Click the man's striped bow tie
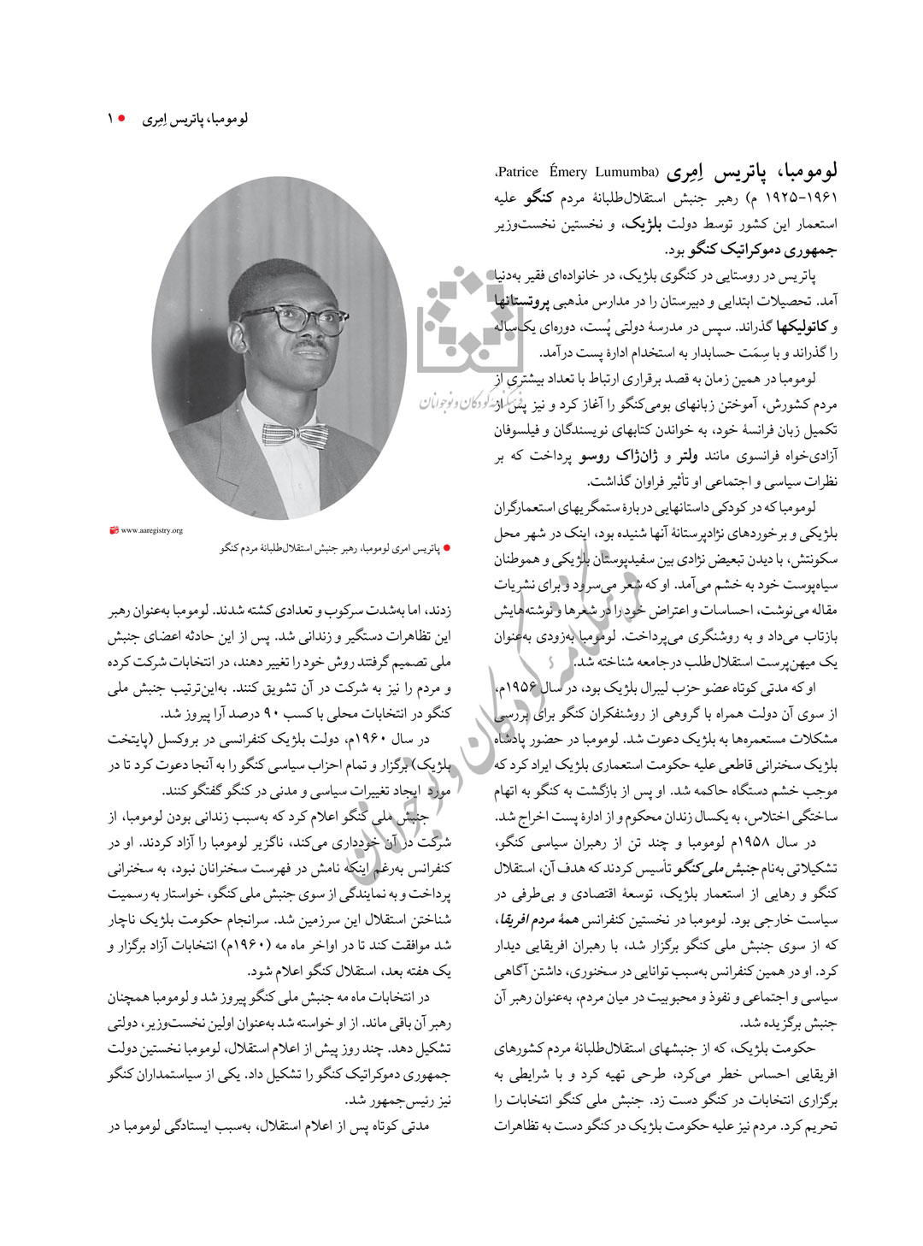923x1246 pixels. tap(295, 434)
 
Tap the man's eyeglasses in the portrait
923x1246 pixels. tap(292, 321)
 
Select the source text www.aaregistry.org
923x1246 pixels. tap(152, 530)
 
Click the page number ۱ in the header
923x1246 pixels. tap(110, 119)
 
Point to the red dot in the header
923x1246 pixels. tap(121, 119)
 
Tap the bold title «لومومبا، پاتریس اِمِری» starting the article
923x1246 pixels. tap(753, 171)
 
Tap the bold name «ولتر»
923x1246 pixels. tap(687, 457)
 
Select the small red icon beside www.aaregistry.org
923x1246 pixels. tap(115, 530)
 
